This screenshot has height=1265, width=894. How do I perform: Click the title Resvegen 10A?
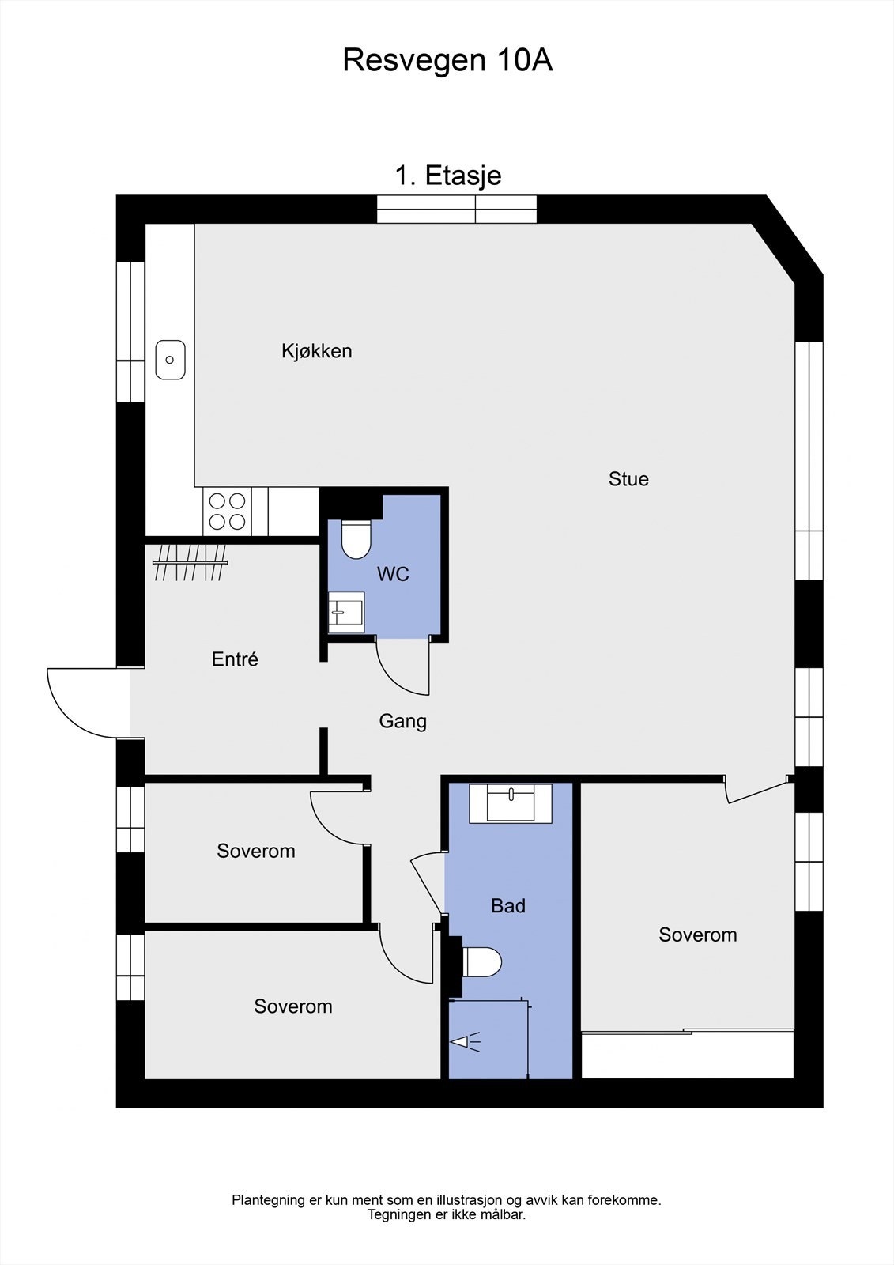tap(447, 60)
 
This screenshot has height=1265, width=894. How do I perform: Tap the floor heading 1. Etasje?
tap(447, 175)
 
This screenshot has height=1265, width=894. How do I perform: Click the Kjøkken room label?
tap(316, 350)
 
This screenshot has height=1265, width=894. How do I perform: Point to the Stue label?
tap(628, 478)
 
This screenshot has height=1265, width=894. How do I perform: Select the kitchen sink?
tap(170, 360)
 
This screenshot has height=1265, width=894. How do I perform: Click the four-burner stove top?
tap(226, 511)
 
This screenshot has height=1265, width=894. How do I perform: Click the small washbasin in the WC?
tap(346, 612)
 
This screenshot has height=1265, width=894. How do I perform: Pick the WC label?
tap(393, 574)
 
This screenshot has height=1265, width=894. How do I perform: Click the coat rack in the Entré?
tap(190, 562)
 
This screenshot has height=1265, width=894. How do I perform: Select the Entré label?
tap(235, 659)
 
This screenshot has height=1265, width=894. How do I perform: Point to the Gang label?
tap(402, 720)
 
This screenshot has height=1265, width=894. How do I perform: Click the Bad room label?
tap(507, 905)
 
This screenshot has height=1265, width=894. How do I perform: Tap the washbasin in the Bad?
tap(511, 803)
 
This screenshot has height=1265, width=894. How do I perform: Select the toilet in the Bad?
tap(481, 962)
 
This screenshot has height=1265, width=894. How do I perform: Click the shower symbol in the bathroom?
tap(465, 1043)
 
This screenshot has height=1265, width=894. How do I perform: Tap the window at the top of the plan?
tap(457, 210)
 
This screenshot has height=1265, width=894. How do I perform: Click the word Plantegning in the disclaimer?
tap(268, 1200)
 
